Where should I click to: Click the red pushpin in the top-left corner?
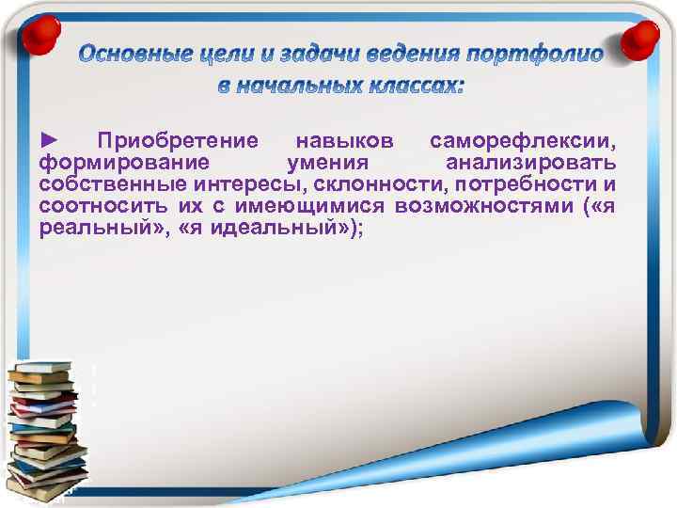[x=38, y=30]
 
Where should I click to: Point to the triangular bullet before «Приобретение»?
[x=50, y=141]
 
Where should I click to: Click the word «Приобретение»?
[x=179, y=142]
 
